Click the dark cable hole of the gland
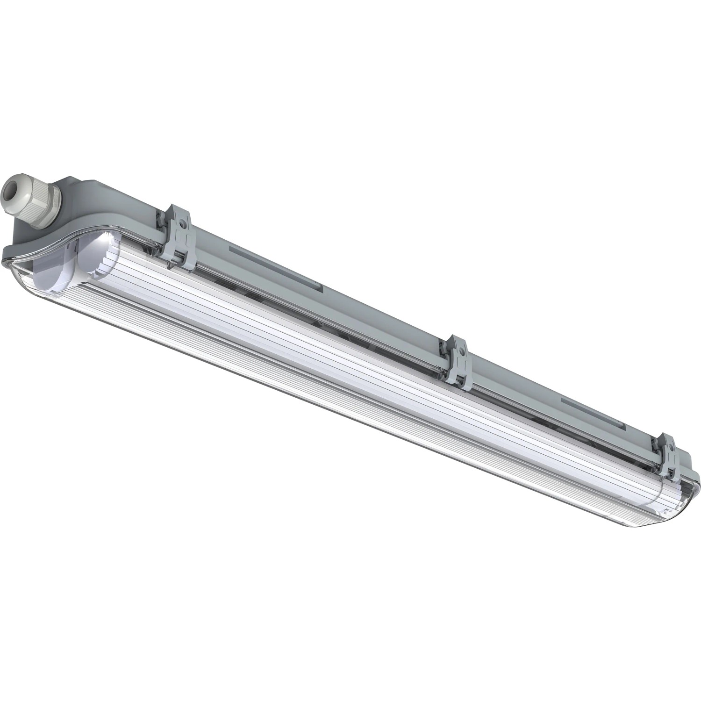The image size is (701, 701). click(x=9, y=190)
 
